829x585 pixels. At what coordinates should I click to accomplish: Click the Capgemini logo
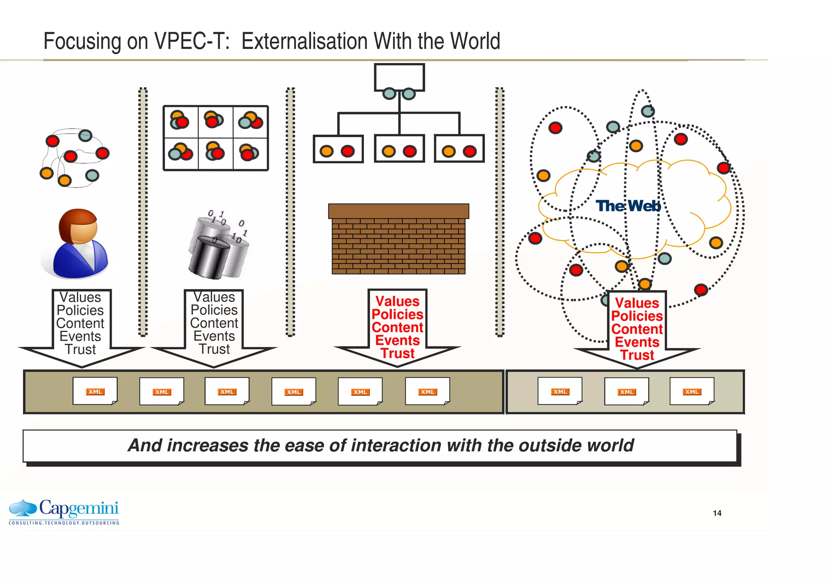(x=64, y=511)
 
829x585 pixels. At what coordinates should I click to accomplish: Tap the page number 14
(x=717, y=513)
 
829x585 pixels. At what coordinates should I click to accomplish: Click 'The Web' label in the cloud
(x=628, y=206)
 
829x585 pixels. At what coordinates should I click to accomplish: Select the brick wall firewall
(x=398, y=239)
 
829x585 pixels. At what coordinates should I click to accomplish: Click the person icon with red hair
(x=76, y=243)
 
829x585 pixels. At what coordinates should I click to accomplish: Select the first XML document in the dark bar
(x=95, y=391)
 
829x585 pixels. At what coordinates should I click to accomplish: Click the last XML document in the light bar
(x=692, y=391)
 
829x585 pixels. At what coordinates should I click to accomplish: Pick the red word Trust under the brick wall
(x=397, y=353)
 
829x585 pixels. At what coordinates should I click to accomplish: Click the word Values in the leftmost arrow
(x=80, y=297)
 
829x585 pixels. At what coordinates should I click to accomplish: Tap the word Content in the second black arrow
(x=214, y=323)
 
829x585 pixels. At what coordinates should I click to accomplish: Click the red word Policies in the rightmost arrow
(x=637, y=316)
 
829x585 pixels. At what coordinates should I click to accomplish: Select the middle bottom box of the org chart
(x=399, y=149)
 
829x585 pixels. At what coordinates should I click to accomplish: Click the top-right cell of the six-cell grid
(x=251, y=122)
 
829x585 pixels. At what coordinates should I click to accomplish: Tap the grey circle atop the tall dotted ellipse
(x=648, y=111)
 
